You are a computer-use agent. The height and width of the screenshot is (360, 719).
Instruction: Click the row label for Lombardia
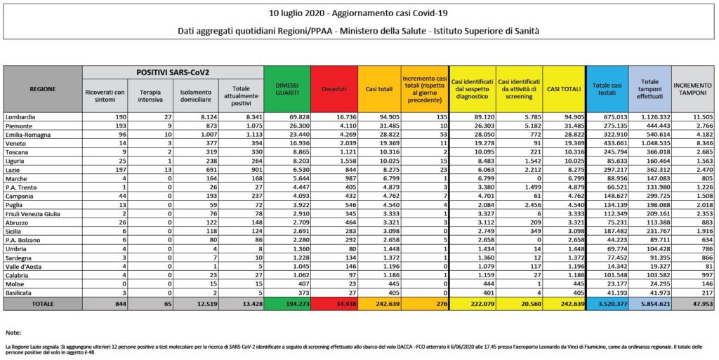(21, 116)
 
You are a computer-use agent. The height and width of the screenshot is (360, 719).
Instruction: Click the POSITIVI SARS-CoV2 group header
(173, 72)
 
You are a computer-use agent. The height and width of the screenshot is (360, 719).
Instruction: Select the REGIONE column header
(43, 89)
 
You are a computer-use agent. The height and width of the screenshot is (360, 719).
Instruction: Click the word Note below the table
(12, 332)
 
